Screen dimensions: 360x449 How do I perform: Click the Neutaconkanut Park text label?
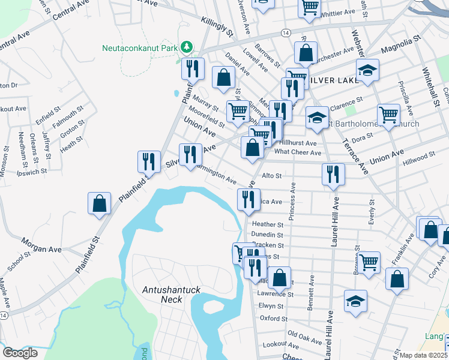point(141,47)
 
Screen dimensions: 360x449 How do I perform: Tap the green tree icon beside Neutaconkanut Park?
point(187,47)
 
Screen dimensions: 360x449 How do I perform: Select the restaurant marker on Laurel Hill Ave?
point(333,174)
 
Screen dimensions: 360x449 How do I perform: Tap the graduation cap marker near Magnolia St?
point(367,70)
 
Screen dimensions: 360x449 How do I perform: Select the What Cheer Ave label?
point(298,152)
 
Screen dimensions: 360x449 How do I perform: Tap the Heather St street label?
point(268,224)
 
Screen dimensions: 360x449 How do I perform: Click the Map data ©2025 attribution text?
point(423,355)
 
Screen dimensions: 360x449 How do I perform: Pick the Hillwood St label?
point(418,156)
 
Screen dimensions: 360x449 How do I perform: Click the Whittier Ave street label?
point(340,13)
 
